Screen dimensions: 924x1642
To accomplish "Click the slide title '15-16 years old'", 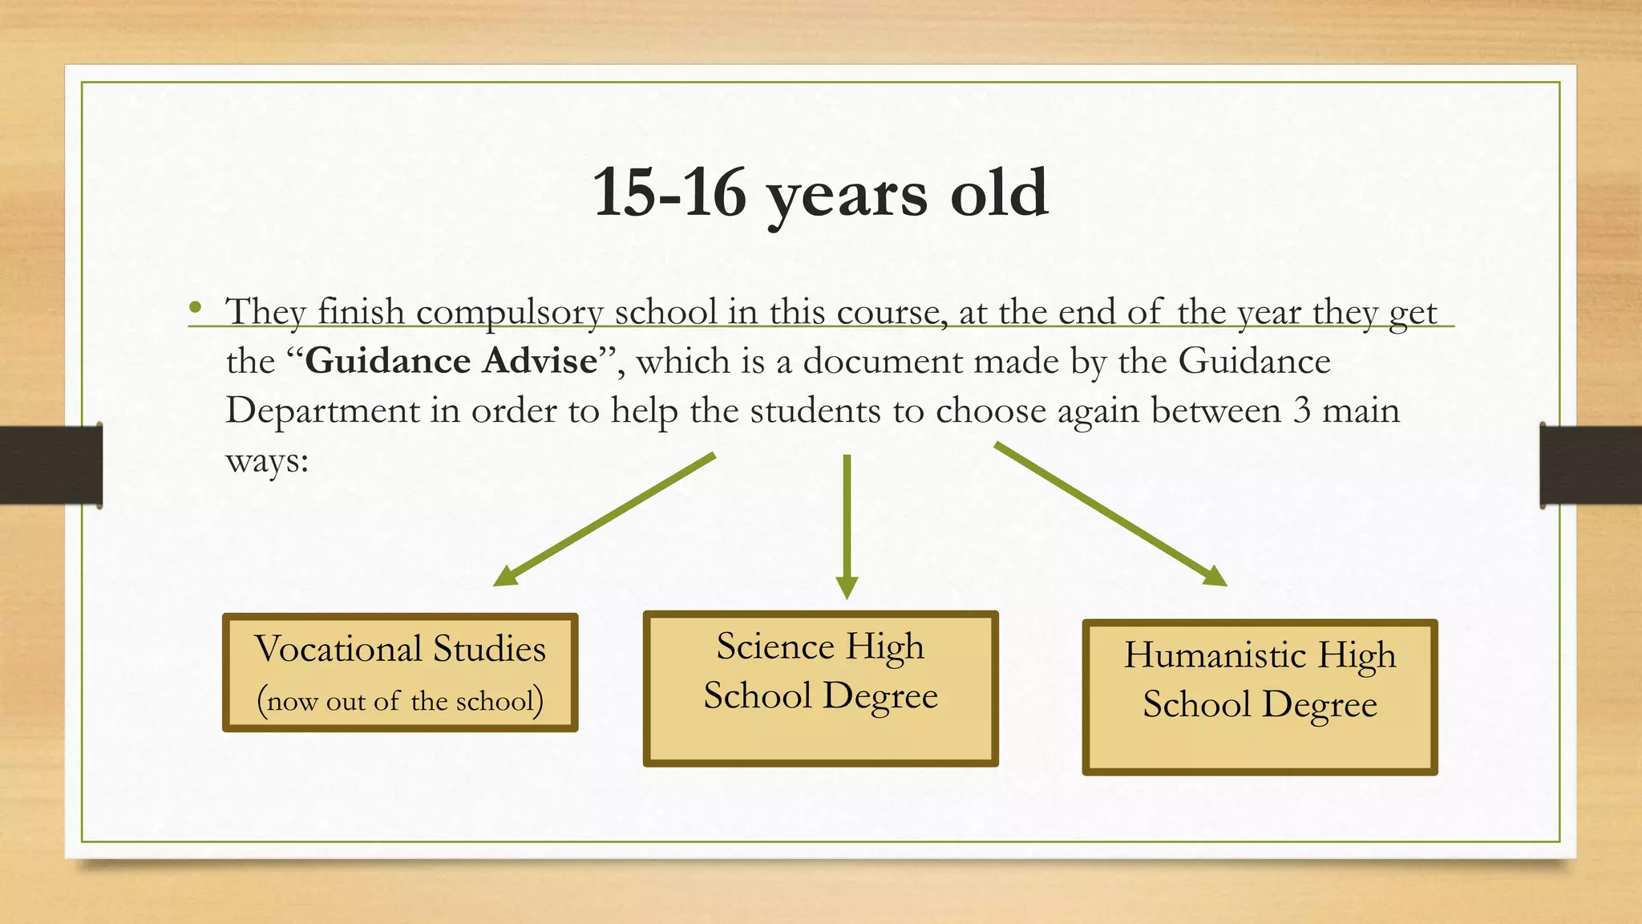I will tap(820, 192).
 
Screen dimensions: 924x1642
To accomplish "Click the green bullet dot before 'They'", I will tap(196, 307).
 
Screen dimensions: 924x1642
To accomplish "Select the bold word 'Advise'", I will tap(540, 361).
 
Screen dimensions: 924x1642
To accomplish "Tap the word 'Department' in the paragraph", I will tap(322, 411).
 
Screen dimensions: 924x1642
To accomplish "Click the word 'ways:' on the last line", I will tap(267, 460).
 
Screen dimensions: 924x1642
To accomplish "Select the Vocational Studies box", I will tap(400, 672).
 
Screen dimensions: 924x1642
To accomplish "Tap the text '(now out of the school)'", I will tap(400, 701).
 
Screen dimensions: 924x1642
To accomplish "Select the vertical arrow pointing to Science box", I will tap(847, 525).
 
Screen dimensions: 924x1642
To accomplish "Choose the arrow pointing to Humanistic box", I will tap(1110, 513).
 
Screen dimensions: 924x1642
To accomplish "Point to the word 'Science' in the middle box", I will tap(775, 646).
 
